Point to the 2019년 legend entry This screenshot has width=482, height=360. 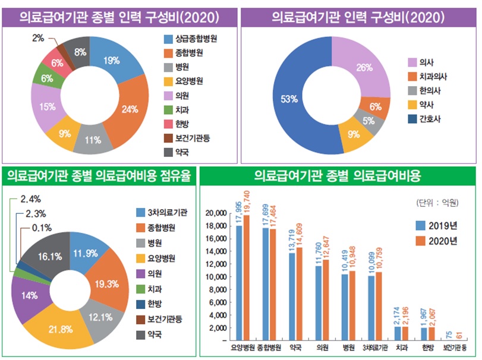click(437, 225)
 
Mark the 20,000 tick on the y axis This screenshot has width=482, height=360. click(216, 213)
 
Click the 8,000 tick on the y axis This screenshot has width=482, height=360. click(218, 290)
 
